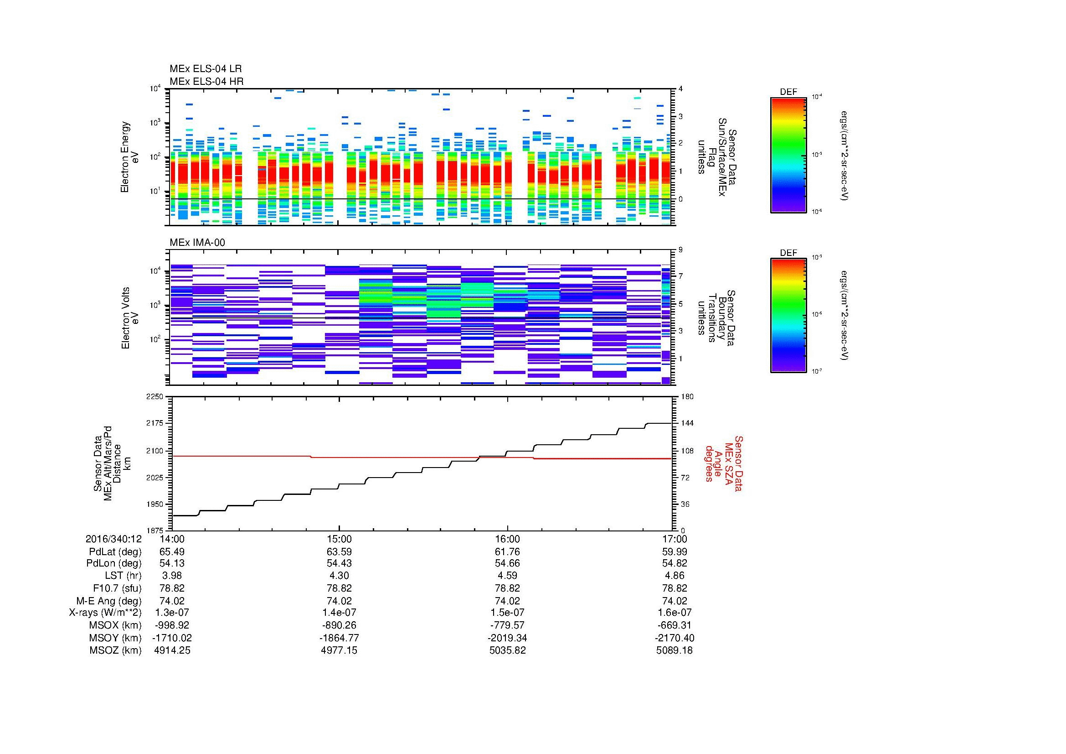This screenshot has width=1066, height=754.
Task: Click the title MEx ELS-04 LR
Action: coord(206,69)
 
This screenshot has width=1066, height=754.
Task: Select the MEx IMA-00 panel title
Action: coord(197,243)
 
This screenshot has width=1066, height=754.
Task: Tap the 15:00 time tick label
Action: coord(339,539)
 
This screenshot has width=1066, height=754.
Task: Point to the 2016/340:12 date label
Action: coord(113,539)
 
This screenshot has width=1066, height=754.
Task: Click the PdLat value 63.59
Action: coord(339,552)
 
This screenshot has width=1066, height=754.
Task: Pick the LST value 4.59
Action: coord(507,576)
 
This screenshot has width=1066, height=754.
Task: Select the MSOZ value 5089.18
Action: coord(674,650)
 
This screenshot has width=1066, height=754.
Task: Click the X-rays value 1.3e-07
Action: coord(172,613)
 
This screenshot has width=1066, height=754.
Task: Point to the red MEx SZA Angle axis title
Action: coord(724,463)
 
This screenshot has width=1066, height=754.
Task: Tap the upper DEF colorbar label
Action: coord(788,92)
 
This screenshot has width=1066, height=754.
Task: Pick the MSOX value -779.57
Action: coord(507,625)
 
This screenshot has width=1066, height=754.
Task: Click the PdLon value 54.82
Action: coord(674,563)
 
